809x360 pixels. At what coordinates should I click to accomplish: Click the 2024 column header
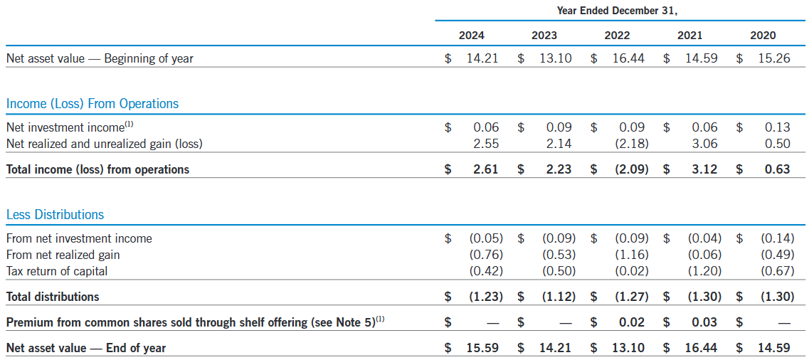471,35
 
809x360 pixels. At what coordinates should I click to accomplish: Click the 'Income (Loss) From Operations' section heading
92,104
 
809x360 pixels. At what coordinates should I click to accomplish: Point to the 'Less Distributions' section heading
55,214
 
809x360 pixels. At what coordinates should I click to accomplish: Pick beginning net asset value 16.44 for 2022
628,58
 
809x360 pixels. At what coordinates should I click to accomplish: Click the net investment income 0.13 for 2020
777,127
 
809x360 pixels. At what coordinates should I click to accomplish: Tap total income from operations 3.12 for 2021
704,169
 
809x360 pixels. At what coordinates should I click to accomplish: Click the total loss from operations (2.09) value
630,169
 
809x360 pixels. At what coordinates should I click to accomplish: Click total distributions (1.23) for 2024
485,297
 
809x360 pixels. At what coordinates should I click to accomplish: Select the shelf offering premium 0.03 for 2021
704,322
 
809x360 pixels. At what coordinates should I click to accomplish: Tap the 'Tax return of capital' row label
56,271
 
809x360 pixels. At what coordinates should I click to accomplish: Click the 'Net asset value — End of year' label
85,348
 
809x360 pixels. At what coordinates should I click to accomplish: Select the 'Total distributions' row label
53,297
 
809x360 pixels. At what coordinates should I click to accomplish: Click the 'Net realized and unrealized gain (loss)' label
104,144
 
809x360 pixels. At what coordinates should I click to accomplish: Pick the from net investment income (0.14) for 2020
777,238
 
